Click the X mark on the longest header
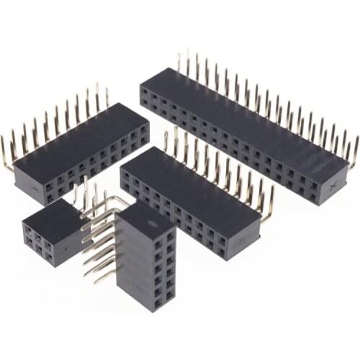tap(333, 185)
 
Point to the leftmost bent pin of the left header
tap(6, 155)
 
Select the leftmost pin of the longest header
tap(180, 61)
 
